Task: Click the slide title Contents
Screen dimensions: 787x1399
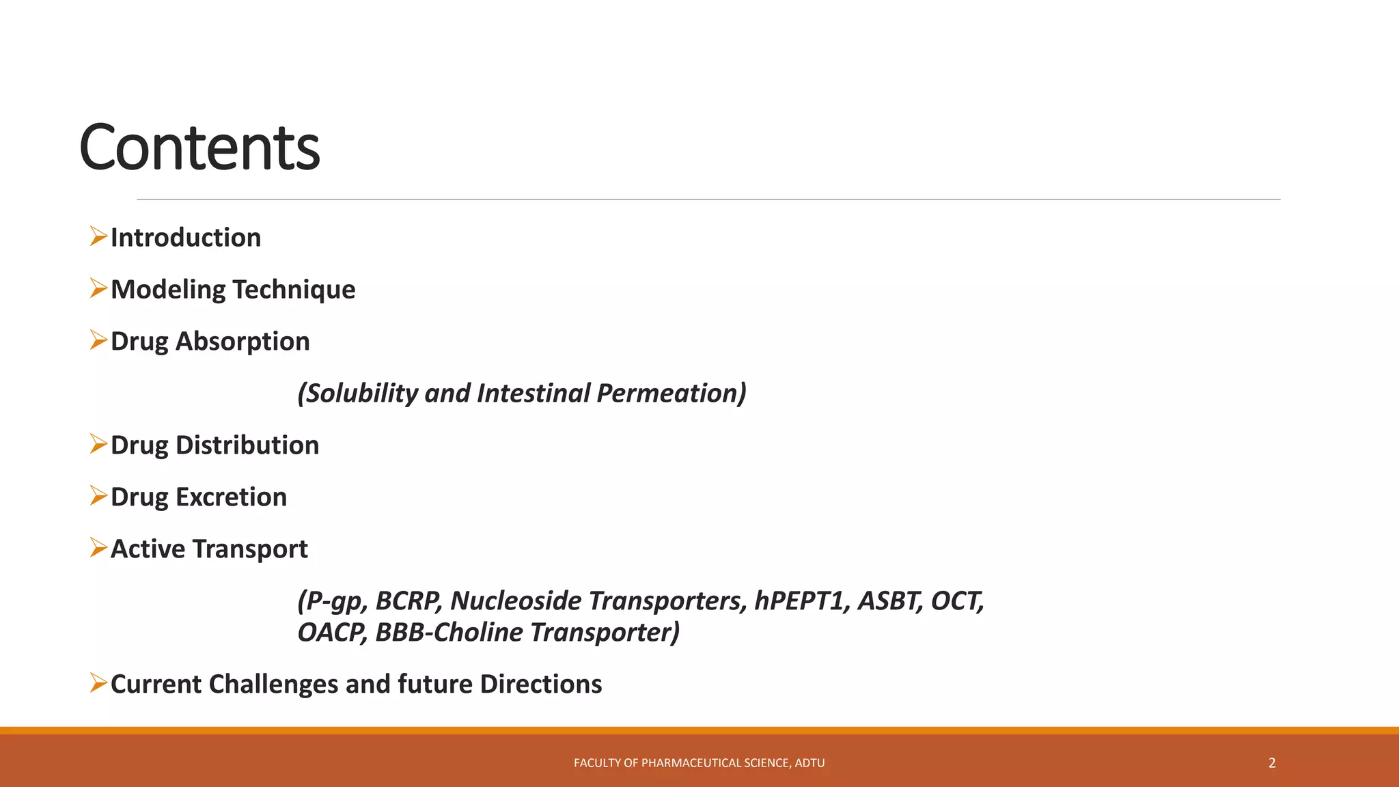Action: (199, 148)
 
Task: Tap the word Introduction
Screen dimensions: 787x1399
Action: (186, 238)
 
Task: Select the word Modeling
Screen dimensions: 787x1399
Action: (168, 290)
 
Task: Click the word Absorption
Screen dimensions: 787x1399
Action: (243, 342)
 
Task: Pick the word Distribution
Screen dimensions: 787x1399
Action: (247, 445)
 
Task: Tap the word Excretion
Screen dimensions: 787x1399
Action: (231, 497)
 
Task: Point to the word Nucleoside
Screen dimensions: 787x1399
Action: (516, 601)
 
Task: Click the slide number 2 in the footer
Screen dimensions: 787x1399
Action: (1272, 763)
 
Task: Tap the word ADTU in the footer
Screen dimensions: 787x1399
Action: (809, 763)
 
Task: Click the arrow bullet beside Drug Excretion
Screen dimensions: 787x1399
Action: (99, 496)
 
